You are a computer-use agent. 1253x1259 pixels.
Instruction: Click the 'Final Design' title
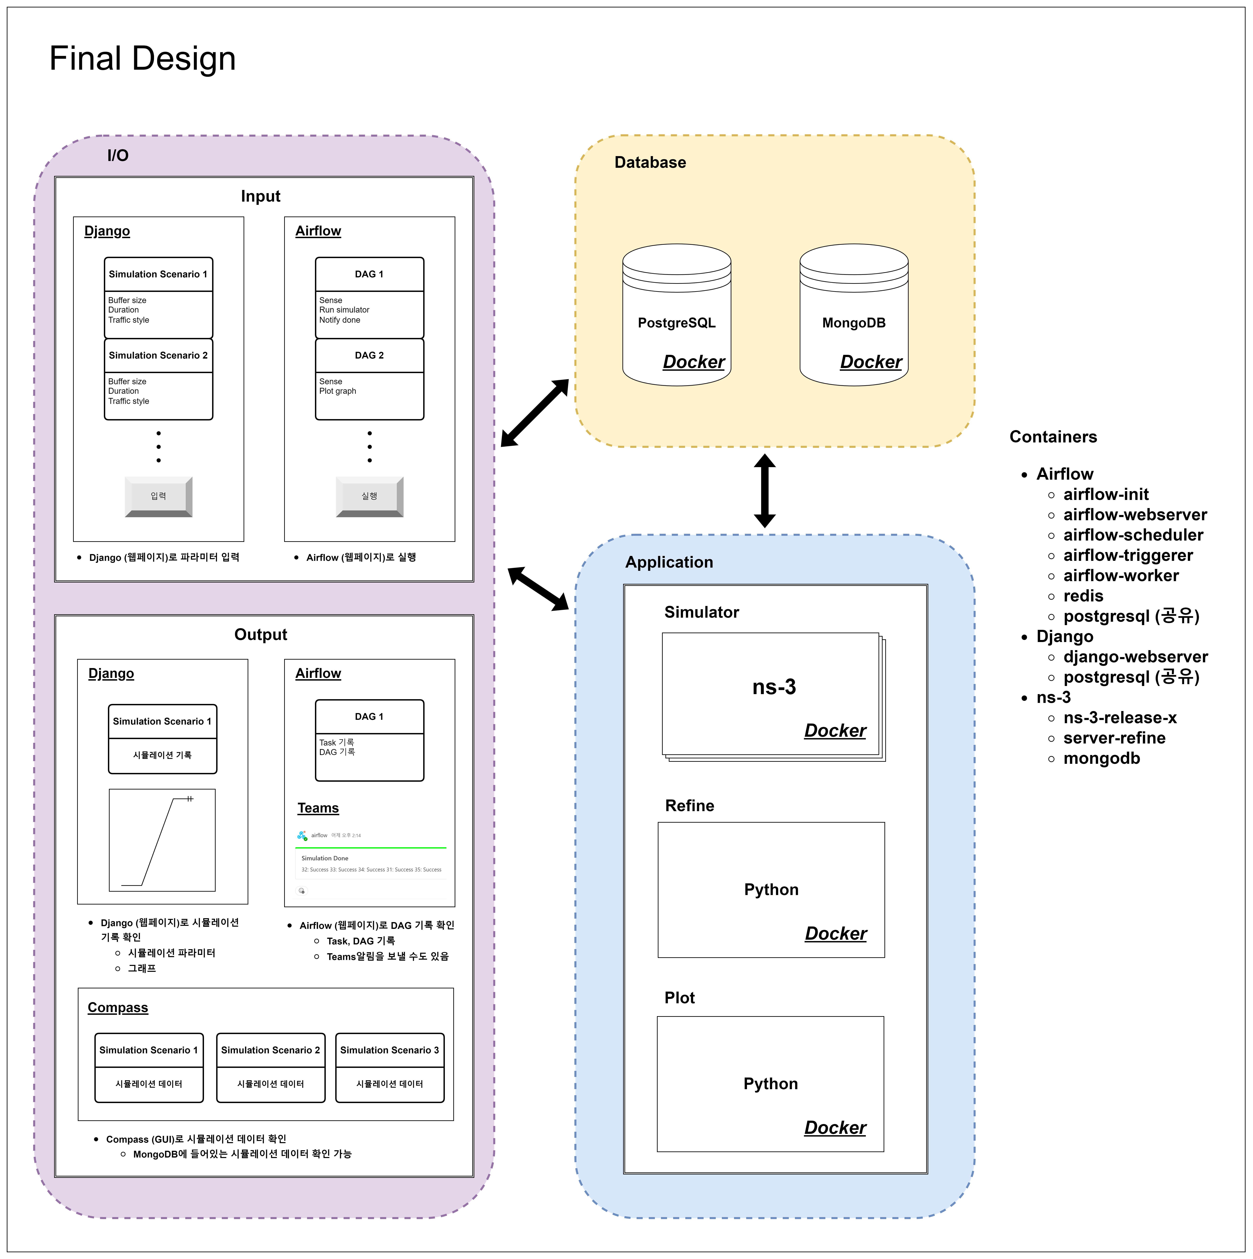coord(142,59)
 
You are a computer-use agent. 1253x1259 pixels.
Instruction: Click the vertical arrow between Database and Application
coord(764,491)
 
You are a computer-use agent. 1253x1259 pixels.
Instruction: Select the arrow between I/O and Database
coord(534,413)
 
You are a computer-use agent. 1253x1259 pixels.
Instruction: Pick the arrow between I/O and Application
coord(538,588)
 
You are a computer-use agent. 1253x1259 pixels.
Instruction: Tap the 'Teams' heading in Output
coord(318,808)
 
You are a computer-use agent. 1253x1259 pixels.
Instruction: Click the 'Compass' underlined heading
coord(118,1008)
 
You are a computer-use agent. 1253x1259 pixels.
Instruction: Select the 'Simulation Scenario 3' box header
coord(390,1050)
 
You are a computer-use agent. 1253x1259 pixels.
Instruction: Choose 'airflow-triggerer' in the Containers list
coord(1128,555)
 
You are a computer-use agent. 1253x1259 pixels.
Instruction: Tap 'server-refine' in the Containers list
coord(1114,738)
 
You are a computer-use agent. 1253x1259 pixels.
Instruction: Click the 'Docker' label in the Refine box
coord(835,933)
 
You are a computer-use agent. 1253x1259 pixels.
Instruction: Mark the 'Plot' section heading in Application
coord(679,998)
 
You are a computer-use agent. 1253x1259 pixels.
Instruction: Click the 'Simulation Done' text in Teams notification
coord(324,858)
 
